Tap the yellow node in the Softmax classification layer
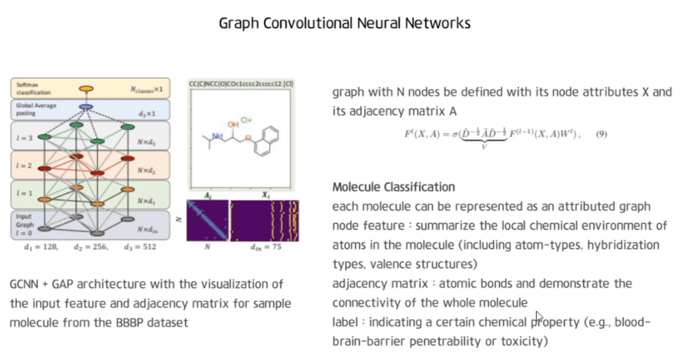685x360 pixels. pyautogui.click(x=86, y=88)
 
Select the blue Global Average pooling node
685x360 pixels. pyautogui.click(x=86, y=107)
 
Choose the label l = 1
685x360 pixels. pyautogui.click(x=24, y=193)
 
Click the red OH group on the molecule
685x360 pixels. pyautogui.click(x=233, y=124)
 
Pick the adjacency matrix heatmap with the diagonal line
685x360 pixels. pyautogui.click(x=208, y=220)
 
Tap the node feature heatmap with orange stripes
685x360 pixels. pyautogui.click(x=264, y=220)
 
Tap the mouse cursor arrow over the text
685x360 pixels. pyautogui.click(x=539, y=317)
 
